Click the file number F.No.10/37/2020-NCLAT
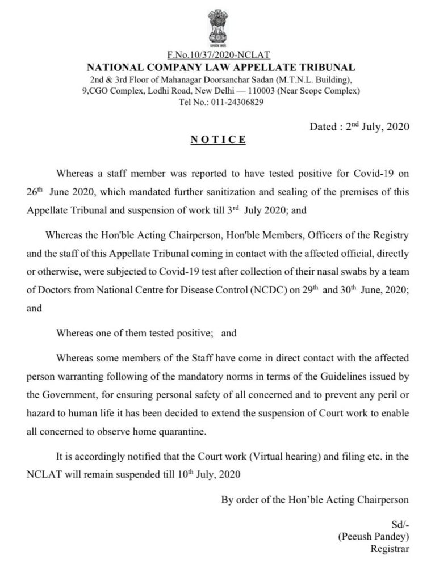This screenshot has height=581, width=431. coord(218,55)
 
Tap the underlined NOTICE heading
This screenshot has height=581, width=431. coord(218,140)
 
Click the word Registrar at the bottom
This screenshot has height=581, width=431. coord(390,549)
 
